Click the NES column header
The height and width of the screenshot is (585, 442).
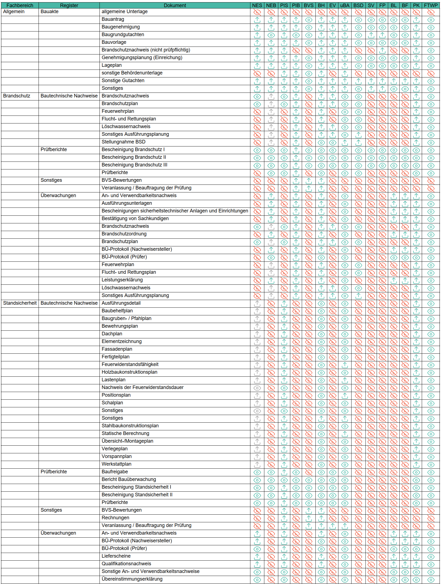(x=257, y=5)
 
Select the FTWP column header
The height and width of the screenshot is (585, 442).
(x=431, y=5)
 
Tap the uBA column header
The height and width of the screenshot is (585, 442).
(x=345, y=5)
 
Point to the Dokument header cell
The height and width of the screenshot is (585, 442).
(x=175, y=5)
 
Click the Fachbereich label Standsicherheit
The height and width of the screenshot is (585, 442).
(x=20, y=303)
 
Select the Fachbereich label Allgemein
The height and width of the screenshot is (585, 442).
(x=14, y=11)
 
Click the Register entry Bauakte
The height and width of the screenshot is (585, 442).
(x=49, y=11)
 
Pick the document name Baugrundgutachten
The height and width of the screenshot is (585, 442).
(x=123, y=34)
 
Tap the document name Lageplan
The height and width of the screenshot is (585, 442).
(x=112, y=65)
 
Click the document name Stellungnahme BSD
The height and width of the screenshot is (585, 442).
(x=123, y=142)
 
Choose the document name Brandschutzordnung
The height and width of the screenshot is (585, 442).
(x=124, y=234)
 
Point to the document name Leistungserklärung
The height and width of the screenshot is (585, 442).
(x=122, y=280)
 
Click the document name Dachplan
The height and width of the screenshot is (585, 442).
(x=112, y=334)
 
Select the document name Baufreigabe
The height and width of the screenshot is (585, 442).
(x=115, y=472)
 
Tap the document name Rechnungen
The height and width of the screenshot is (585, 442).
(x=115, y=518)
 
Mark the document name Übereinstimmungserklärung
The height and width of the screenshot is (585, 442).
(x=132, y=579)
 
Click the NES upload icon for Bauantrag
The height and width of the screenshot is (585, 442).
(x=257, y=20)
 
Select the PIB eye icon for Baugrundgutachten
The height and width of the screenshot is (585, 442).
(x=296, y=35)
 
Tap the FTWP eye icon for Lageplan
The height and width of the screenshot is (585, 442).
(x=431, y=66)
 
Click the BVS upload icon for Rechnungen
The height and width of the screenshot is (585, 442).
(x=309, y=518)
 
